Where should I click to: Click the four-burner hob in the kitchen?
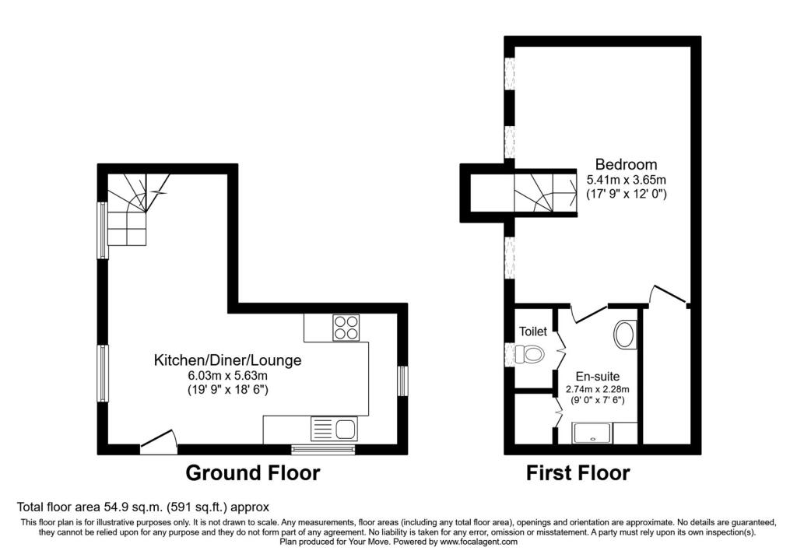click(346, 328)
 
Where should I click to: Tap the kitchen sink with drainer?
click(334, 428)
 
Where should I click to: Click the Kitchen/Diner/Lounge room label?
click(228, 360)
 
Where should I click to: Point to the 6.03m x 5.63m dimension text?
click(228, 376)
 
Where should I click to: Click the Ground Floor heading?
click(253, 472)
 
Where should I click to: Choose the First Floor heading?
click(578, 473)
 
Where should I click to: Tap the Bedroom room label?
click(627, 164)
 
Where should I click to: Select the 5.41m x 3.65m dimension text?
click(627, 180)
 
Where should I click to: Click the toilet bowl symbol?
click(528, 353)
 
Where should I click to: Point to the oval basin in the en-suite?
click(625, 335)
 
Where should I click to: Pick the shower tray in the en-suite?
click(592, 433)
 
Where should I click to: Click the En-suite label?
click(598, 377)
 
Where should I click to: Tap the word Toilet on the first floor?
click(533, 332)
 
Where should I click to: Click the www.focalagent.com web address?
click(479, 542)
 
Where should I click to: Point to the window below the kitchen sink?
click(323, 448)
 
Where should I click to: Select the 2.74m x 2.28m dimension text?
click(598, 390)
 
